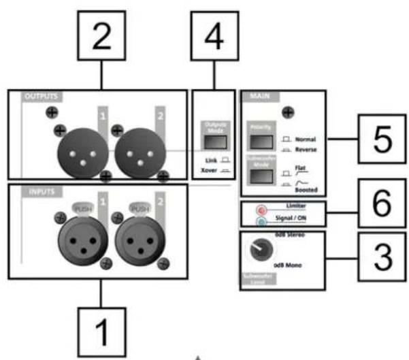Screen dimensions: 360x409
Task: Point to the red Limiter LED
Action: coord(261,210)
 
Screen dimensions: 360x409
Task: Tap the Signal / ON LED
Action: coord(261,220)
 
